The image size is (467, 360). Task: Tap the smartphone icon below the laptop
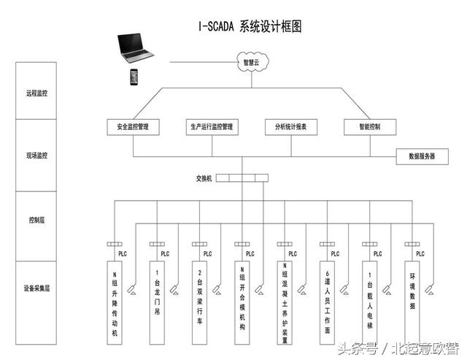coord(134,76)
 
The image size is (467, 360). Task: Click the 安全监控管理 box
coord(132,126)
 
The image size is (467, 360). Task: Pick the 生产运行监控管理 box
coord(212,126)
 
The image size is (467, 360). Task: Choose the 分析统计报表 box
coord(290,126)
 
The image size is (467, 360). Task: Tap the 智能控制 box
coord(368,126)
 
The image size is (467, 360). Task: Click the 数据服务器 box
coord(422,156)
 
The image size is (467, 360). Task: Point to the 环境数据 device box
coord(412,288)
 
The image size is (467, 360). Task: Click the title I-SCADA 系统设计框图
coord(250,26)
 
